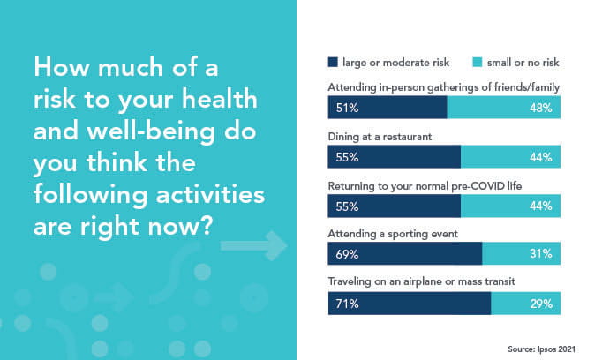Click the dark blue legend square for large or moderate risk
click(333, 63)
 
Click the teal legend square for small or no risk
click(478, 63)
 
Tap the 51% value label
click(340, 109)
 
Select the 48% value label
click(541, 109)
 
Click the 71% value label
click(340, 304)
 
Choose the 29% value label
click(541, 304)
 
